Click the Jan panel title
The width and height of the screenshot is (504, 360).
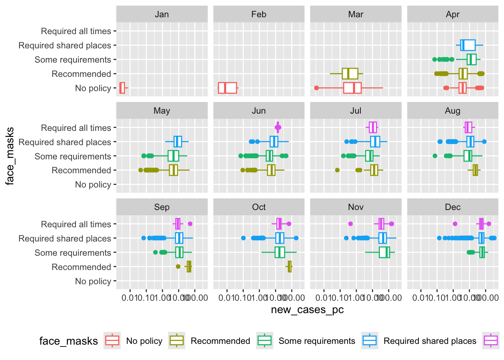coord(162,14)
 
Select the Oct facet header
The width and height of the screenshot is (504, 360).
coord(259,207)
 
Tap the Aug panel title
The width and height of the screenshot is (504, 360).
coord(453,111)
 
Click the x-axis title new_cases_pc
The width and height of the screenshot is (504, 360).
coord(307,310)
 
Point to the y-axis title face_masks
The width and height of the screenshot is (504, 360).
coord(10,156)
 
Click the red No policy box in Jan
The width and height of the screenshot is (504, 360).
coord(122,88)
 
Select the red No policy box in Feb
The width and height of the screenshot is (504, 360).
coord(227,88)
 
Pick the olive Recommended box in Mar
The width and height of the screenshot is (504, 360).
coord(350,73)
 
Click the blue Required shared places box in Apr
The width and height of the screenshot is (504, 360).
coord(468,45)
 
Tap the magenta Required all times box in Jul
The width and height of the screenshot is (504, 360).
coord(373,127)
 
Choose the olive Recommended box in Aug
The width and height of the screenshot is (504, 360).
coord(475,170)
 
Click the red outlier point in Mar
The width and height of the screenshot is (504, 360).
coord(316,88)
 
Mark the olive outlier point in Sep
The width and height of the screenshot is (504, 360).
coord(178,267)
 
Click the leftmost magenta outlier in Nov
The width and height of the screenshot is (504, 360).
coord(350,224)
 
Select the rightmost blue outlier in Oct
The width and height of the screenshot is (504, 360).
coord(296,238)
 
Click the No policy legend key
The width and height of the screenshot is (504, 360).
coord(112,340)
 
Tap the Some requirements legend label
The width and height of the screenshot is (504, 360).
coord(316,341)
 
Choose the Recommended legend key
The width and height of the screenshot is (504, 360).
coord(177,340)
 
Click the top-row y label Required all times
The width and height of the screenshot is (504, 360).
coord(76,31)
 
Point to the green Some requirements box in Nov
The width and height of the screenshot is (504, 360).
coord(384,252)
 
